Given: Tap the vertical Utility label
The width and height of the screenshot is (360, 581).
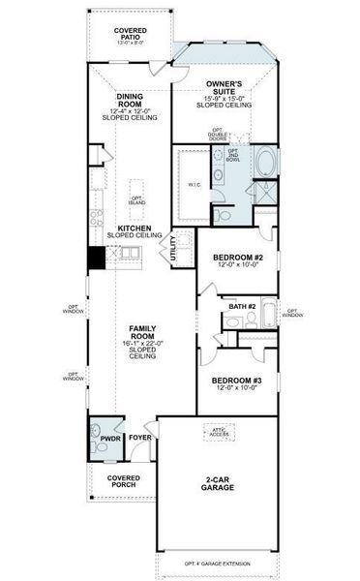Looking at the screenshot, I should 173,250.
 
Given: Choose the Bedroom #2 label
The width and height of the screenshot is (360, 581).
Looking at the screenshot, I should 236,260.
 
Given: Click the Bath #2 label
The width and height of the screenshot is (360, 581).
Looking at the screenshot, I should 241,307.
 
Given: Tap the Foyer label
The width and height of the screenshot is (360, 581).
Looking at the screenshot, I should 140,438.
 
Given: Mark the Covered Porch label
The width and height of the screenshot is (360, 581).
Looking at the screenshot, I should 123,481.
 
